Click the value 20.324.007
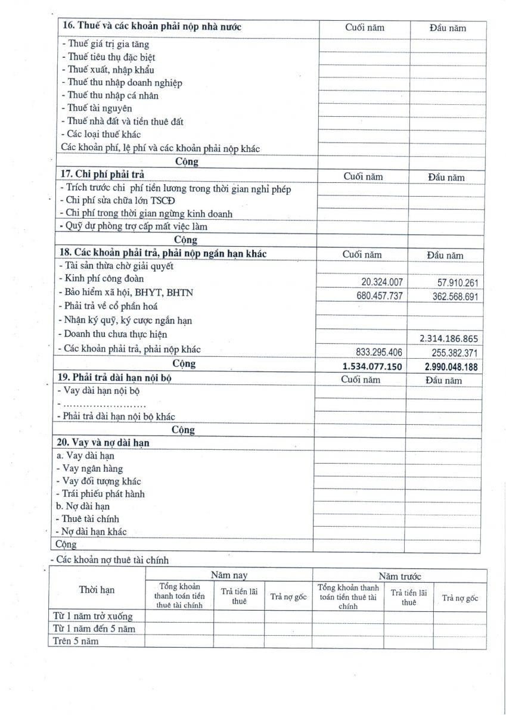[x=382, y=282]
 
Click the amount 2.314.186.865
[x=449, y=338]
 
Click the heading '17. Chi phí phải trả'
[x=102, y=175]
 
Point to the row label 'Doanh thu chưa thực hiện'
[x=113, y=334]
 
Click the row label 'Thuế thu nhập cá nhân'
[x=110, y=95]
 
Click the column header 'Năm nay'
[x=229, y=575]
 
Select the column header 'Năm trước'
[x=400, y=576]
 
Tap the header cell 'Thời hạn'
[x=97, y=590]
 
